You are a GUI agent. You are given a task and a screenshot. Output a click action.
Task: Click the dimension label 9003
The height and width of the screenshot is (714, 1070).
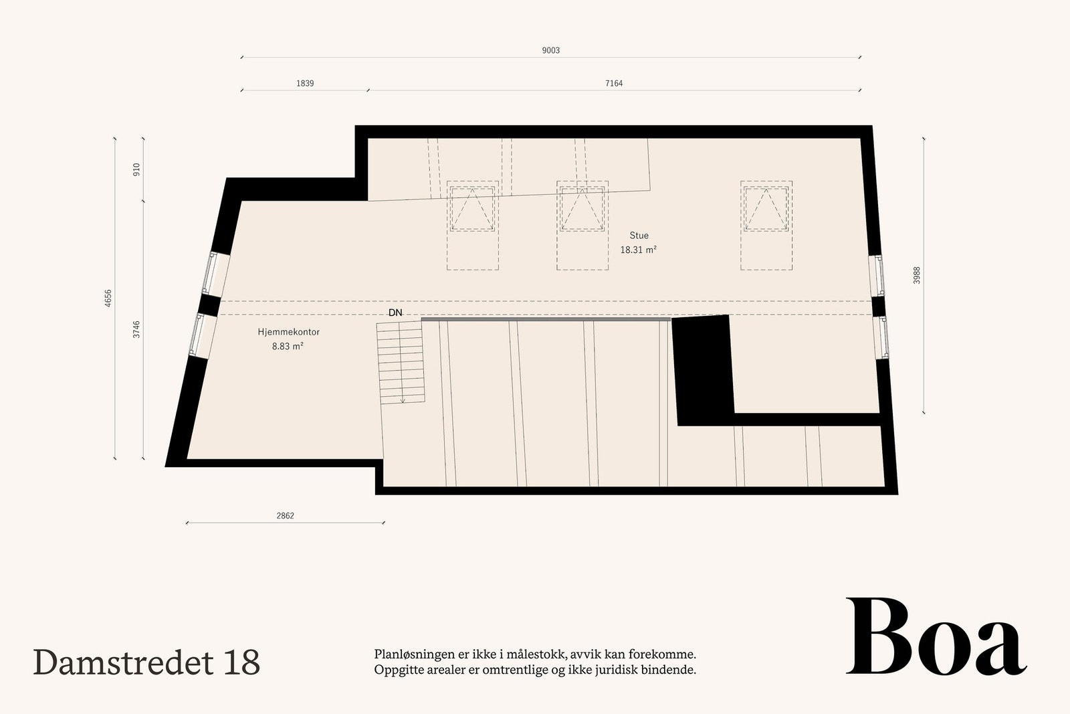click(550, 51)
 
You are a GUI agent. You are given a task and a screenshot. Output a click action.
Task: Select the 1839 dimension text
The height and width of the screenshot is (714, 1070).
click(304, 84)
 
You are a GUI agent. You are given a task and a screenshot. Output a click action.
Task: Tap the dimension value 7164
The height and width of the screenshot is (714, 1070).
click(613, 84)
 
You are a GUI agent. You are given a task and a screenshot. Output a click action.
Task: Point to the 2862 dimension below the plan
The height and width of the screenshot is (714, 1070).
click(285, 516)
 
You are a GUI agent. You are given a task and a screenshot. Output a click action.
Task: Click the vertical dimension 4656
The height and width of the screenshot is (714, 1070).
click(108, 298)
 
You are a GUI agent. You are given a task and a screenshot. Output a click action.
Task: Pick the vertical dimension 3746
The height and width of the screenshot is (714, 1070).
click(136, 329)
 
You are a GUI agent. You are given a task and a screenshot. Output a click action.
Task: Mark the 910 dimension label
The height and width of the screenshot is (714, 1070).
click(136, 169)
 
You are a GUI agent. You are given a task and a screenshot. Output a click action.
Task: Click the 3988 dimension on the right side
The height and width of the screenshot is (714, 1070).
click(917, 275)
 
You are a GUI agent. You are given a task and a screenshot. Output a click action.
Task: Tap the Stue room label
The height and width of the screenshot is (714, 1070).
click(639, 236)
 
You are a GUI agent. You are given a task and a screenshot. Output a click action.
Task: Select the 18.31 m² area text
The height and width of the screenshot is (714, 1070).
click(638, 250)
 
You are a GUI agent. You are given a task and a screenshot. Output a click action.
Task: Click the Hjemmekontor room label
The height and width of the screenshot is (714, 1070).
click(288, 332)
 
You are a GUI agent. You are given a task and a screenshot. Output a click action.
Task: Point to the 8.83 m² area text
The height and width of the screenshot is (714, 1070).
click(288, 346)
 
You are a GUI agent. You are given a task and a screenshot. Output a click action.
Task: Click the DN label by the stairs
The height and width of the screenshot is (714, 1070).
click(395, 313)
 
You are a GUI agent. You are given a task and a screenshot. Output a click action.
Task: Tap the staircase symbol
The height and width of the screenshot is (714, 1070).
click(401, 362)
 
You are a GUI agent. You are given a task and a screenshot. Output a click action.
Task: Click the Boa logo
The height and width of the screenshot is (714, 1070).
click(935, 637)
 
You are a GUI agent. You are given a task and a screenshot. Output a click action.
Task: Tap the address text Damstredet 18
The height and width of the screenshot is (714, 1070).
click(146, 662)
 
